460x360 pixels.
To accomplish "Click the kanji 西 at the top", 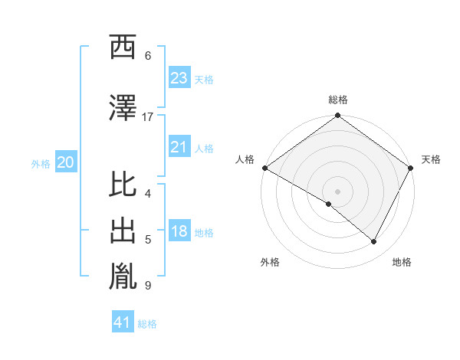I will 123,48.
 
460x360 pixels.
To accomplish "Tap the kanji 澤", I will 123,108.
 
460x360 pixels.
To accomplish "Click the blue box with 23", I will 179,77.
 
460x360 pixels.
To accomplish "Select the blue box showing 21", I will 179,147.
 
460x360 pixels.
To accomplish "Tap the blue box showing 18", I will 179,232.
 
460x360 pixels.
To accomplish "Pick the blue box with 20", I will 66,162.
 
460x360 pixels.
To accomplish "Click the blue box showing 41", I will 123,322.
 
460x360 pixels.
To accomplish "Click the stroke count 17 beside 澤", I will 148,117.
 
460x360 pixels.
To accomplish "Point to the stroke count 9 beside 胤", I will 148,286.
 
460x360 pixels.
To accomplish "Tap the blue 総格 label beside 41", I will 147,324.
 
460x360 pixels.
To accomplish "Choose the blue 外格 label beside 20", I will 40,163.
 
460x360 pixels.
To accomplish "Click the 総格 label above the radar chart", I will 337,100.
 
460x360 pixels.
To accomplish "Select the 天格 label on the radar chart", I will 431,159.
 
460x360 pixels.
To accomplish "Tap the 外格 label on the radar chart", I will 270,262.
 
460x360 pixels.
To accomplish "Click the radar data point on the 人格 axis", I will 264,168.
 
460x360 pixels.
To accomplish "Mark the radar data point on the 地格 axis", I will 374,241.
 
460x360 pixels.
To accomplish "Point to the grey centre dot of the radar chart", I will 337,191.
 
